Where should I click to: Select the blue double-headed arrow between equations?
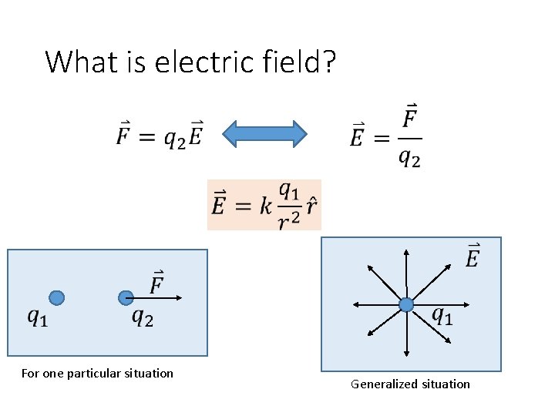tap(264, 133)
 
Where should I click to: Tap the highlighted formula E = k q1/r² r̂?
tap(264, 205)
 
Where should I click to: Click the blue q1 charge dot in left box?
tap(56, 297)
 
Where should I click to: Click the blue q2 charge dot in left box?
tap(126, 297)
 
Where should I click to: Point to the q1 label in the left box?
tap(37, 317)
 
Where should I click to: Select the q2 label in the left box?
tap(143, 316)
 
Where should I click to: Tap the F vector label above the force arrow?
tap(156, 282)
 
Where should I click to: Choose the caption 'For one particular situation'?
tap(97, 374)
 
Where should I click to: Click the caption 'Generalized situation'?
tap(410, 384)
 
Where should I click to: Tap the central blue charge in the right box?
tap(406, 305)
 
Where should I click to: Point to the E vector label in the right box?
tap(472, 257)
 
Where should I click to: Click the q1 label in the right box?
tap(442, 315)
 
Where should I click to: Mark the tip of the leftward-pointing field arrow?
tap(354, 305)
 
